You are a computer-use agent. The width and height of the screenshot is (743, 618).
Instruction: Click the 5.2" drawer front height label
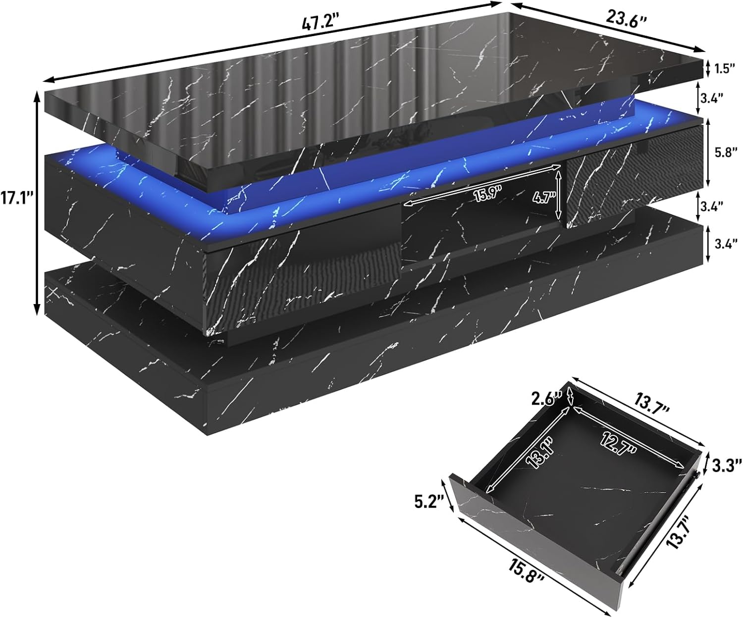point(428,503)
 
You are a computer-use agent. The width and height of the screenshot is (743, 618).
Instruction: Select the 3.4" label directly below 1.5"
point(725,98)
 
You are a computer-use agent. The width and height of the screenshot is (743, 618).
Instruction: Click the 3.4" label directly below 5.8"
point(725,205)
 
